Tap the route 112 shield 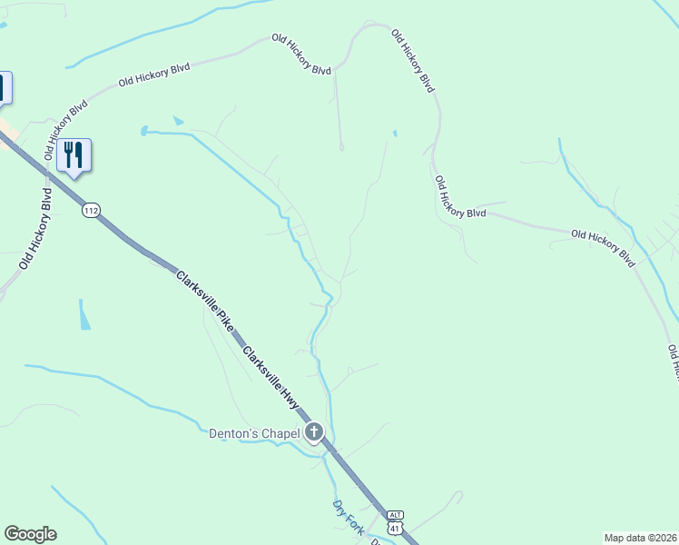(90, 211)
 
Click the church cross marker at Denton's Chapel (314, 432)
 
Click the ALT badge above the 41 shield (393, 513)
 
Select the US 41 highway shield (394, 527)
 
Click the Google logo (30, 534)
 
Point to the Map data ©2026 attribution (640, 538)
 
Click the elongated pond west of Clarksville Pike (84, 315)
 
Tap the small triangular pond (178, 121)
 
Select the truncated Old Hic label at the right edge (674, 362)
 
